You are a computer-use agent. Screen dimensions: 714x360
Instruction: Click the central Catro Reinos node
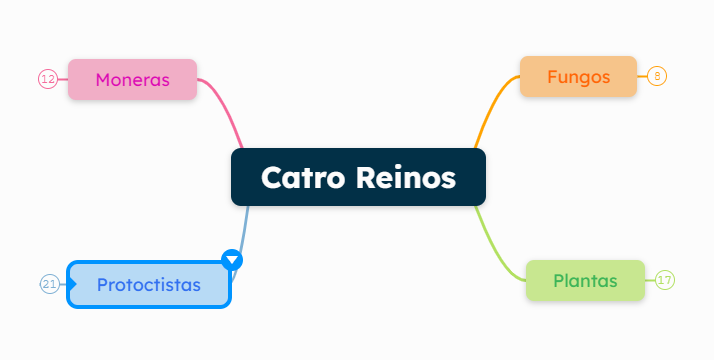[358, 177]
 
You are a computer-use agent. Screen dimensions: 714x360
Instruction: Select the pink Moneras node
[132, 79]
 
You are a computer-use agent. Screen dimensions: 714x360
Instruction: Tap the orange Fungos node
[578, 76]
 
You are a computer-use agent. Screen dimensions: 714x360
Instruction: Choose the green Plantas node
[585, 280]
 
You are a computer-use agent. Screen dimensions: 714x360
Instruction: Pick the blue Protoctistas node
[149, 284]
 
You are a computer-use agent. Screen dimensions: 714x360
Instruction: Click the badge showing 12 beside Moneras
[47, 79]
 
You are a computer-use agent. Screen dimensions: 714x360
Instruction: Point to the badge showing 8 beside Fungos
[657, 76]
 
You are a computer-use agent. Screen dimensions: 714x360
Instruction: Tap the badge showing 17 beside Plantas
[665, 280]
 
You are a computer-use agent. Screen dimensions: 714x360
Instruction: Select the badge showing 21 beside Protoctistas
[50, 284]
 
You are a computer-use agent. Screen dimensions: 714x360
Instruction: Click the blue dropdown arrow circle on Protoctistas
[232, 260]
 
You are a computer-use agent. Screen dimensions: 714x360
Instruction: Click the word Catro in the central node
[303, 178]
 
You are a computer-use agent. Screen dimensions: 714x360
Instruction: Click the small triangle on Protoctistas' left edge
[73, 285]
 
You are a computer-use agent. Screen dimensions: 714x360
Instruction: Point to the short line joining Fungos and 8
[642, 76]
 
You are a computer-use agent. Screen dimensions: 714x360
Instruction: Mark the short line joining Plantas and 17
[650, 280]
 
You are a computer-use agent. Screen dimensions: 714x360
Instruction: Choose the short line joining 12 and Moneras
[62, 79]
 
